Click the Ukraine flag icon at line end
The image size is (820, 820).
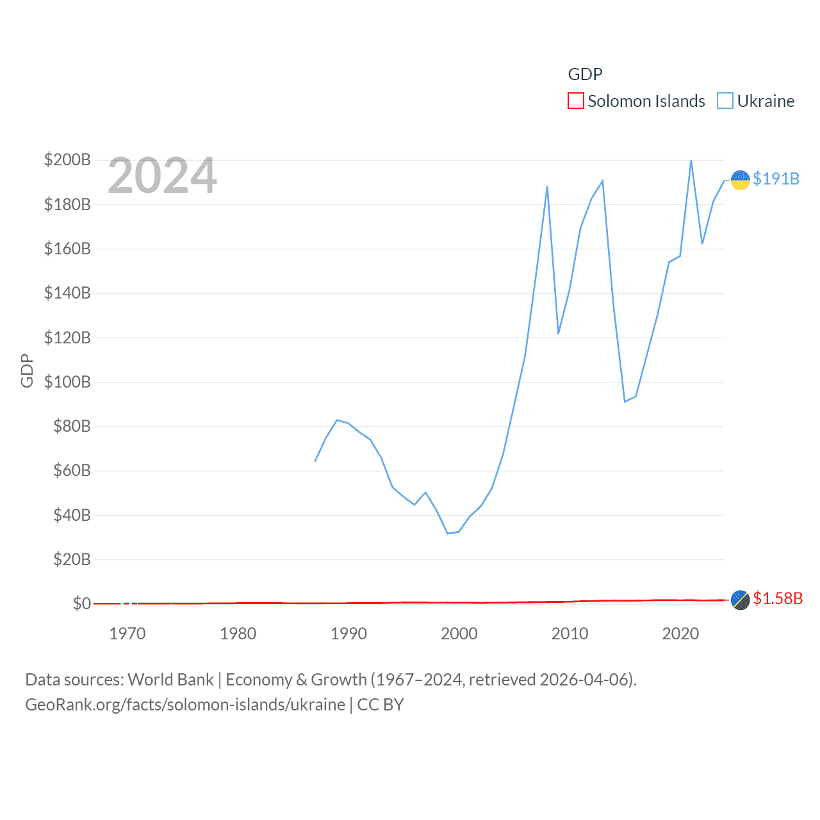[x=740, y=180]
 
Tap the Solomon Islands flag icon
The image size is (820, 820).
[x=740, y=600]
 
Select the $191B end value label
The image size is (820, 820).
[x=776, y=179]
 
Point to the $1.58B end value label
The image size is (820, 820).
[x=778, y=598]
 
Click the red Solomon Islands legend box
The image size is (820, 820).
[x=575, y=101]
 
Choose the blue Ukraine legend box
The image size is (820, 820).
[x=725, y=101]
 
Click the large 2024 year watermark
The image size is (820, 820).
[x=162, y=176]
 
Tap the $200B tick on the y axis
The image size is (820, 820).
[x=67, y=160]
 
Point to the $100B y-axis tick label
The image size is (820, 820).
[x=67, y=382]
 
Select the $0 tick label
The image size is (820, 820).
[x=81, y=603]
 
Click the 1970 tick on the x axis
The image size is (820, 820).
[x=127, y=634]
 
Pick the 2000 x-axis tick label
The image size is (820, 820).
[x=459, y=634]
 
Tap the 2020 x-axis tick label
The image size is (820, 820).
[x=680, y=634]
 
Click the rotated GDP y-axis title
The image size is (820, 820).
[x=27, y=370]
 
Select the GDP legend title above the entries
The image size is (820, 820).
[x=585, y=74]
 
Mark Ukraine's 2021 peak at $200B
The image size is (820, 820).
[x=691, y=161]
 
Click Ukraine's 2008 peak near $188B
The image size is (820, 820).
[x=547, y=186]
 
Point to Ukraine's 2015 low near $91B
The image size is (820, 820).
[x=625, y=402]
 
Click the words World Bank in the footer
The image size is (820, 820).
[x=170, y=679]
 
